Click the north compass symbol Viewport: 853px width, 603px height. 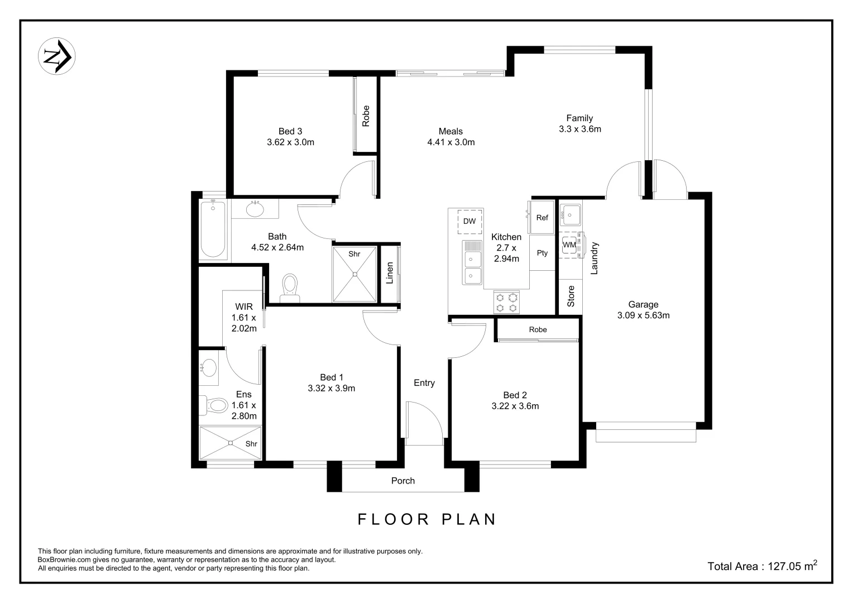pos(56,56)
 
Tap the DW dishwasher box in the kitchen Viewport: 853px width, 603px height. pos(469,222)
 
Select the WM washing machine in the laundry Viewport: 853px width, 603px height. pos(569,245)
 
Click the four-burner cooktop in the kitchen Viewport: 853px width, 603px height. pos(507,303)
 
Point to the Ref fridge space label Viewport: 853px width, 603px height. pos(542,218)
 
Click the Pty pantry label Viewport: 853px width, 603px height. pos(542,253)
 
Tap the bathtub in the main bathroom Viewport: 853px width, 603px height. pos(213,229)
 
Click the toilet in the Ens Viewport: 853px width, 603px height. pos(215,405)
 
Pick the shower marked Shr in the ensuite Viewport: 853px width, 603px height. pos(231,443)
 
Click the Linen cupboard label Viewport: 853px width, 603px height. pos(390,272)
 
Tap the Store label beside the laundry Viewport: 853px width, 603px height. pos(571,296)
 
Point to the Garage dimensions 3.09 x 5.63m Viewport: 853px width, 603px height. pos(643,315)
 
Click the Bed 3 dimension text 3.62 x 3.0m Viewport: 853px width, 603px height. pos(290,142)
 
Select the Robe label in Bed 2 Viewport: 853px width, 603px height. pos(538,330)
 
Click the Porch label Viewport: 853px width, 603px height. pos(402,481)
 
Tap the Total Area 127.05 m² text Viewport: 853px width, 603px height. pos(762,566)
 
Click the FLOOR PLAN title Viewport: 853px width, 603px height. pos(427,519)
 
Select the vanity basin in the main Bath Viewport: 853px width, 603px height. pos(255,210)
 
